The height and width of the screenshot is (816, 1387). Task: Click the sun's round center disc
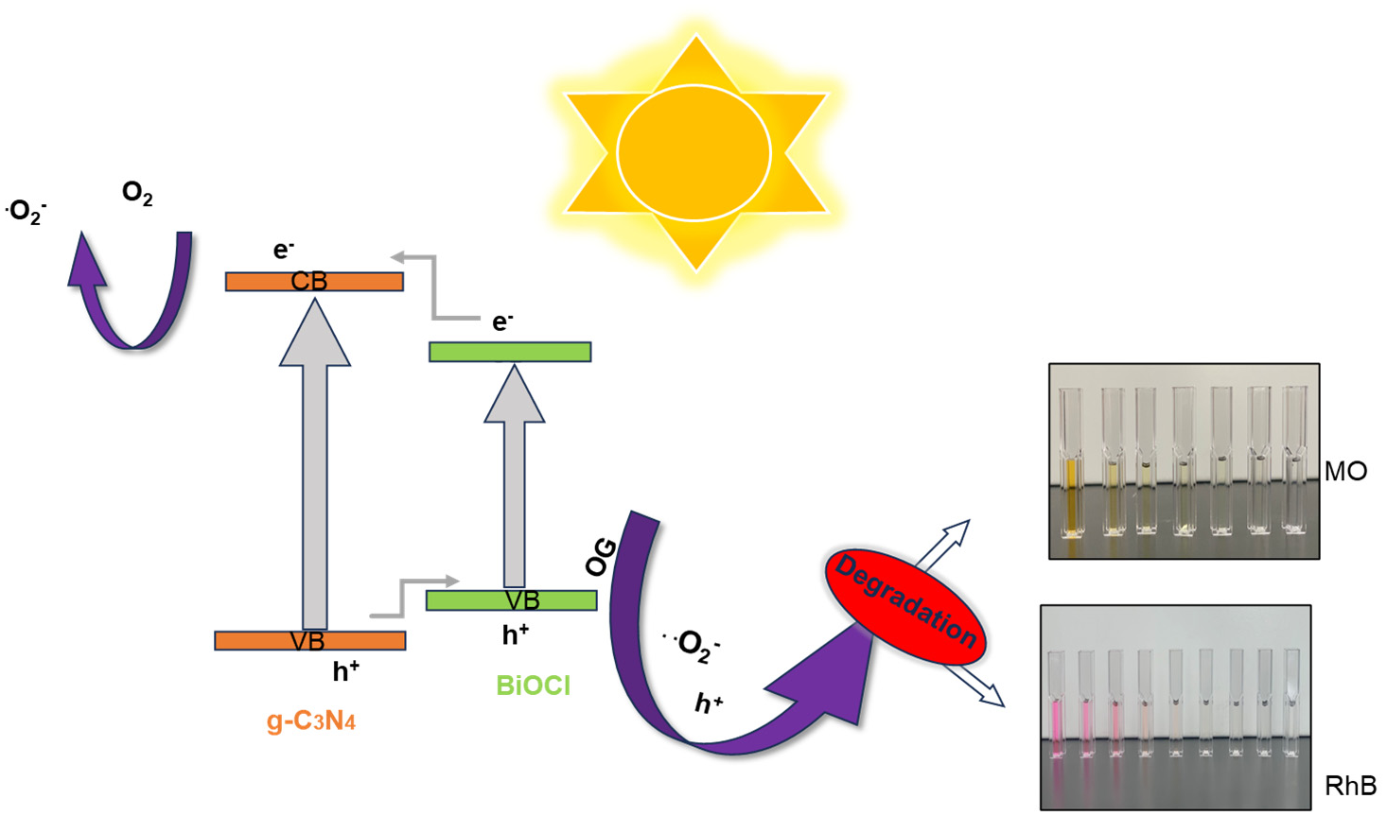point(693,152)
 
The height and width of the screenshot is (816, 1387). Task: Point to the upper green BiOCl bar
point(510,352)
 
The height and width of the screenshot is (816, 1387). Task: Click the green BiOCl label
point(534,686)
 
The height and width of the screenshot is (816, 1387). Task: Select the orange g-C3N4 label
point(311,721)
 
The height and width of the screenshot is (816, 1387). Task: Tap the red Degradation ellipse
point(905,607)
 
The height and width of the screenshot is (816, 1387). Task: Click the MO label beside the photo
point(1345,471)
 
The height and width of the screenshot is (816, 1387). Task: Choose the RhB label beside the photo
point(1350,786)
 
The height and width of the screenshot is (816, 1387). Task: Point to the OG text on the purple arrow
point(602,557)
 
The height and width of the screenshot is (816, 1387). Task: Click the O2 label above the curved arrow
point(137,194)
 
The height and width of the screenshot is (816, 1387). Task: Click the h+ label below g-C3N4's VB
point(345,671)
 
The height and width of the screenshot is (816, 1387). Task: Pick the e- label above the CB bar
point(284,250)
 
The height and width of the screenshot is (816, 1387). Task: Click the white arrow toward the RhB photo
point(974,686)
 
